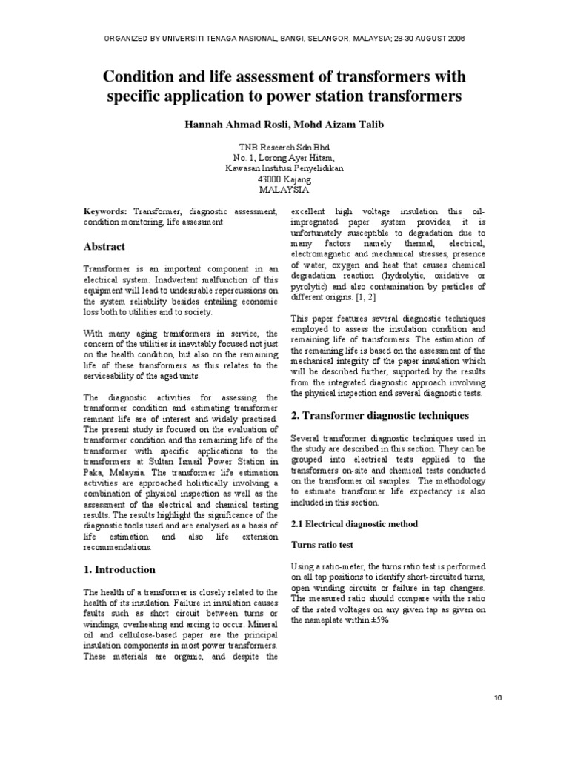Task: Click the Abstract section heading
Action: (x=104, y=246)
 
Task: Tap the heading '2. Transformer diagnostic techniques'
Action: (x=379, y=415)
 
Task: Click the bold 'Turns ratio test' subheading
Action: (x=321, y=544)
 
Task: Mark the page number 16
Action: (x=497, y=699)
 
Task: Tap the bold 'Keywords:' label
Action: (x=105, y=211)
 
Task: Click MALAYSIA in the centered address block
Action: (x=284, y=189)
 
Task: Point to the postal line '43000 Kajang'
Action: (x=284, y=179)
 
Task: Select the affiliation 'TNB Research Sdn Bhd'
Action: (x=284, y=148)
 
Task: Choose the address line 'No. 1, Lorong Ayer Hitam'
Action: (x=284, y=158)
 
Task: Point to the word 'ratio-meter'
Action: (x=343, y=566)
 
